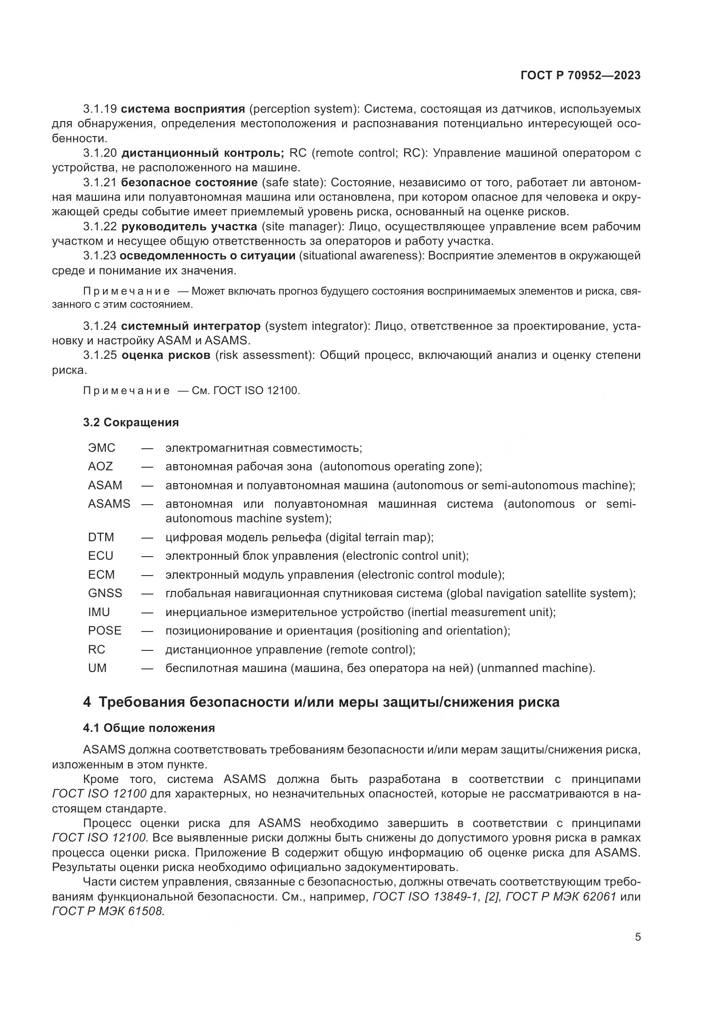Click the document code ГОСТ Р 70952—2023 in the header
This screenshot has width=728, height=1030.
[581, 75]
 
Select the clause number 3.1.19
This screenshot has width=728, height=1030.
[99, 109]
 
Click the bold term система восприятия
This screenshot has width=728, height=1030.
[183, 109]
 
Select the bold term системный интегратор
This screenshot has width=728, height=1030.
[191, 326]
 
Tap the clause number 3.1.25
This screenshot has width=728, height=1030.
[99, 355]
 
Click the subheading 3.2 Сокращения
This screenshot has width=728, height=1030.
[131, 422]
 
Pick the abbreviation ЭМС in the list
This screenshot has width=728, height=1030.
[102, 448]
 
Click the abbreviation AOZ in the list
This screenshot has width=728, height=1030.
[100, 466]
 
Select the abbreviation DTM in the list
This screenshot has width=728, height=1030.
[101, 537]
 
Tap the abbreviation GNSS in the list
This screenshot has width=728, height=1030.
[105, 593]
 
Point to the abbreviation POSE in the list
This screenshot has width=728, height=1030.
[104, 630]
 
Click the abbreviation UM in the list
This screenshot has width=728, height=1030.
[97, 668]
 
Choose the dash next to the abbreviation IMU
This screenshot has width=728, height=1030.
[147, 613]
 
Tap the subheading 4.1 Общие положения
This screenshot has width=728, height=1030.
[149, 727]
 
